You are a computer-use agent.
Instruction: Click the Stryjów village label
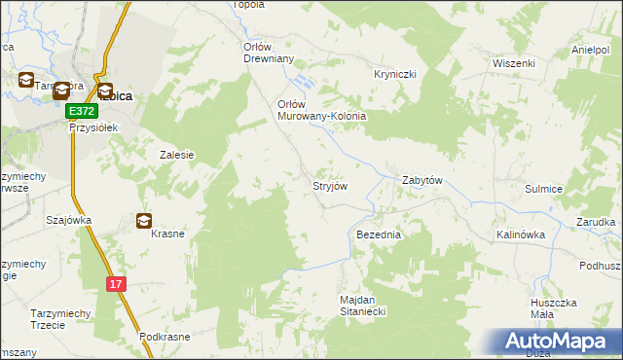pyautogui.click(x=330, y=184)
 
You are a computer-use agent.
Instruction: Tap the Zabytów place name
pyautogui.click(x=422, y=181)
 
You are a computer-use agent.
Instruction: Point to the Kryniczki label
pyautogui.click(x=395, y=74)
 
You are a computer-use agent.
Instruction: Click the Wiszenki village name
pyautogui.click(x=514, y=62)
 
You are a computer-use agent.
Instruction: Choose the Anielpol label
pyautogui.click(x=595, y=50)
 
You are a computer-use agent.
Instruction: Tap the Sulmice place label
pyautogui.click(x=544, y=191)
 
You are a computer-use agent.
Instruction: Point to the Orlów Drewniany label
pyautogui.click(x=268, y=52)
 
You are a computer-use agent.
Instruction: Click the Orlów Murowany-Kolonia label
pyautogui.click(x=321, y=110)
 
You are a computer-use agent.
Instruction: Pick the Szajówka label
pyautogui.click(x=68, y=220)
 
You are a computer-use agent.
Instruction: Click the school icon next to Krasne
pyautogui.click(x=144, y=221)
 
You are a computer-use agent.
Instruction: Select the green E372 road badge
pyautogui.click(x=81, y=113)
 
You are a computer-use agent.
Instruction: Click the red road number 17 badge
pyautogui.click(x=117, y=283)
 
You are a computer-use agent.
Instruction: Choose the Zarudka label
pyautogui.click(x=596, y=222)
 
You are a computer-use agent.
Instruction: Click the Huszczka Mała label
pyautogui.click(x=556, y=309)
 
